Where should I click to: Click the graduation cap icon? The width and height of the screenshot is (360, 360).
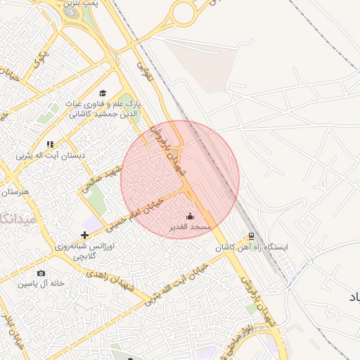pyautogui.click(x=103, y=94)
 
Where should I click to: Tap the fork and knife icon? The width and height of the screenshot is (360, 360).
pyautogui.click(x=50, y=144)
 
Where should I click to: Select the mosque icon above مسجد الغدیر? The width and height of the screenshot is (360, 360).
pyautogui.click(x=190, y=217)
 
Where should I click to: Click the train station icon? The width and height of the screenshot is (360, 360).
pyautogui.click(x=252, y=236)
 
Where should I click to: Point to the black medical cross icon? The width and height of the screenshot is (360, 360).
pyautogui.click(x=84, y=234)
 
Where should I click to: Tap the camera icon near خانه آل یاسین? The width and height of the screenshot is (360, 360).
pyautogui.click(x=40, y=273)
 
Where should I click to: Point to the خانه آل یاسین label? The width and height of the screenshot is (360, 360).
pyautogui.click(x=42, y=283)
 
